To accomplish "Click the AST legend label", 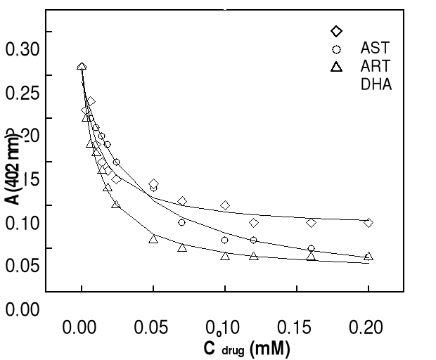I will [x=375, y=49].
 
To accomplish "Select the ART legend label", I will [x=376, y=67].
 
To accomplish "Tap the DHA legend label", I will [x=376, y=84].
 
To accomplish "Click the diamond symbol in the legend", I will [x=336, y=31].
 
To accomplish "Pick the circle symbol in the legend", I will [x=336, y=49].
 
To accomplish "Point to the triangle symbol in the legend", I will [x=336, y=67].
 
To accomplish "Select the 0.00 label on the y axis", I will [x=23, y=309].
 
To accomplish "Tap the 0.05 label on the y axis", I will [x=23, y=266].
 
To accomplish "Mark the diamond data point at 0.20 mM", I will [x=368, y=223].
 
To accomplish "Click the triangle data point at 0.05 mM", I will [x=153, y=239].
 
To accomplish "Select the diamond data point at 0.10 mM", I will [x=225, y=205].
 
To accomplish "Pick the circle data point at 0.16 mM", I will [x=311, y=249].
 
